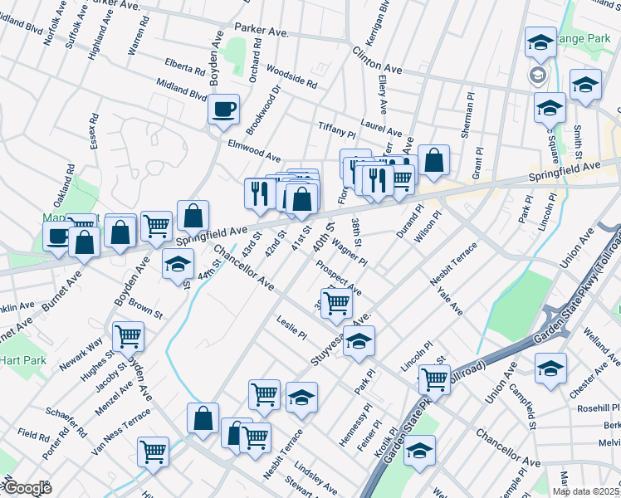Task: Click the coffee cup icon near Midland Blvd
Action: tap(223, 110)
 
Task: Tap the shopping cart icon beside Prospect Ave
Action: tap(336, 303)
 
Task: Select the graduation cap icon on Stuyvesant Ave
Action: tap(359, 341)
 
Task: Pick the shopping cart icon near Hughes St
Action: tap(129, 336)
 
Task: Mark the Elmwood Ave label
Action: tap(254, 149)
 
